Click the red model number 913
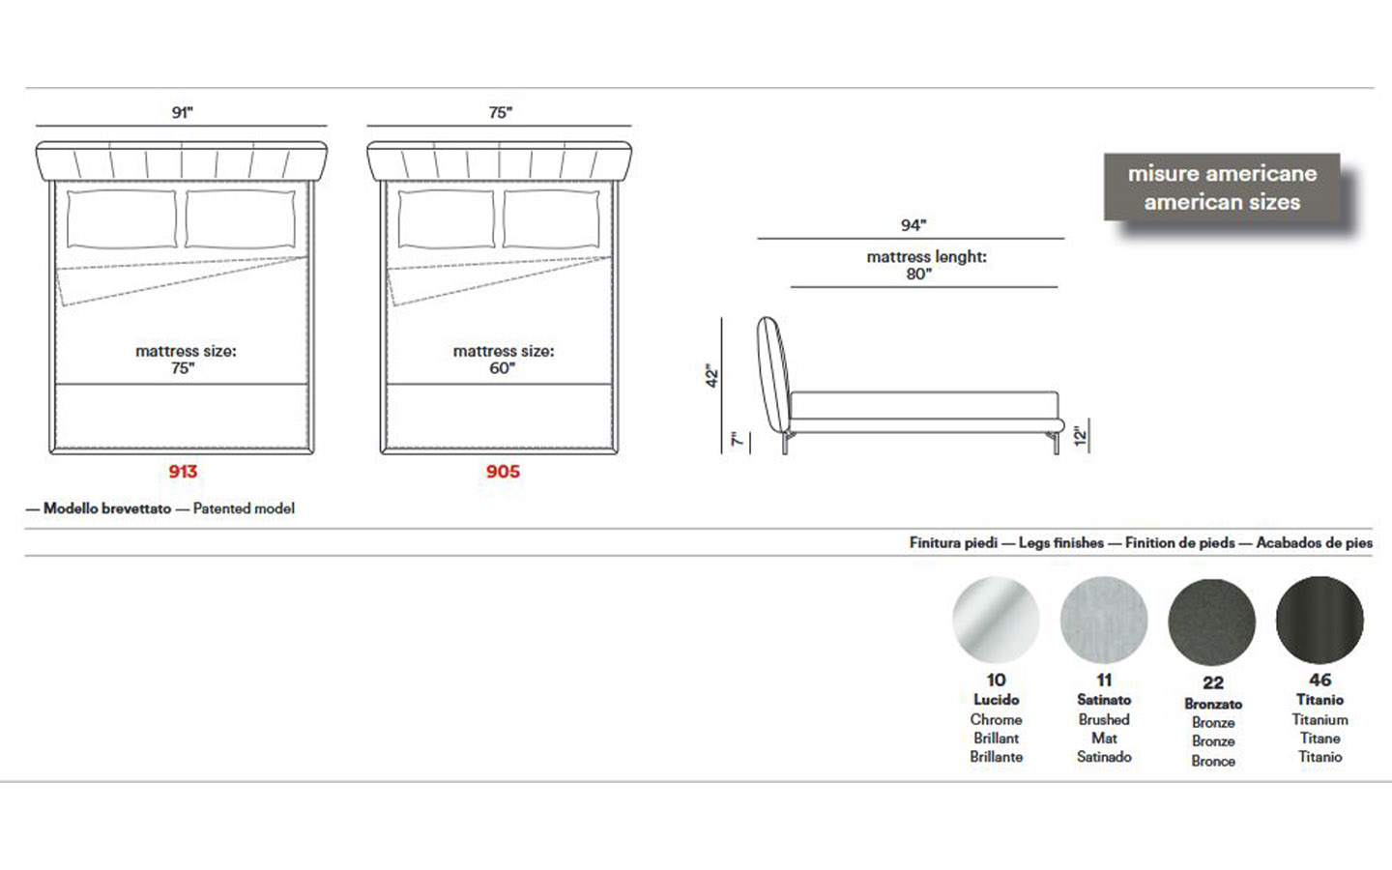tap(183, 471)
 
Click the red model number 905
tap(503, 471)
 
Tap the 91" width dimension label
tap(182, 112)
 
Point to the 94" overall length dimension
tap(913, 225)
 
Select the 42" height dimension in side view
tap(712, 375)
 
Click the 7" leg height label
tap(738, 439)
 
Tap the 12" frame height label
tap(1081, 436)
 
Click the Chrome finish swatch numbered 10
tap(996, 620)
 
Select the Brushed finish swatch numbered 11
tap(1104, 620)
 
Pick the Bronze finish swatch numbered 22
tap(1212, 623)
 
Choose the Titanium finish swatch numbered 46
tap(1319, 620)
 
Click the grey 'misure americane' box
tap(1222, 188)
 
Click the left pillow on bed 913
tap(121, 219)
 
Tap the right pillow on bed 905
tap(551, 219)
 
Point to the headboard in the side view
tap(773, 375)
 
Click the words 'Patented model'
tap(244, 508)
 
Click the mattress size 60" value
tap(502, 368)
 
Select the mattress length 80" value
tap(919, 275)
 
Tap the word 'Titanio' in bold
tap(1319, 700)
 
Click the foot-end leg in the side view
tap(1056, 443)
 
